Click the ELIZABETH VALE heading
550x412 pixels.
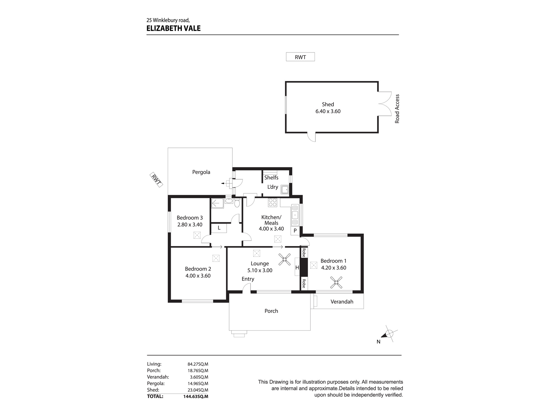[x=173, y=28]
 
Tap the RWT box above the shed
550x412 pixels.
[x=300, y=57]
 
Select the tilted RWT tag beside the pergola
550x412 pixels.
[x=156, y=180]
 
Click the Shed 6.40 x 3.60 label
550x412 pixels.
[x=328, y=108]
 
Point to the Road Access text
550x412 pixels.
[x=397, y=109]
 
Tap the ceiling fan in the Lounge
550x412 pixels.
[x=284, y=259]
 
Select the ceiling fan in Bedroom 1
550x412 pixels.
[x=336, y=282]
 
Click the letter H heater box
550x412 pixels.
[x=297, y=267]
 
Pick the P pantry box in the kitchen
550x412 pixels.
[x=295, y=230]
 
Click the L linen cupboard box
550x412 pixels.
[x=219, y=228]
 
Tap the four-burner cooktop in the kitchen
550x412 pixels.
[x=273, y=203]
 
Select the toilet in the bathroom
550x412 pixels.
[x=237, y=203]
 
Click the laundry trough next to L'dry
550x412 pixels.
[x=285, y=189]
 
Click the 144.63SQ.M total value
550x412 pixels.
[x=196, y=396]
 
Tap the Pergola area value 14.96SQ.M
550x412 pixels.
[x=198, y=383]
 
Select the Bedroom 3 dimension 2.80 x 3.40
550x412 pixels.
[x=190, y=224]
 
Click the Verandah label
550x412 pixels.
[x=342, y=302]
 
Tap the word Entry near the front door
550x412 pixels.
[x=248, y=279]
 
